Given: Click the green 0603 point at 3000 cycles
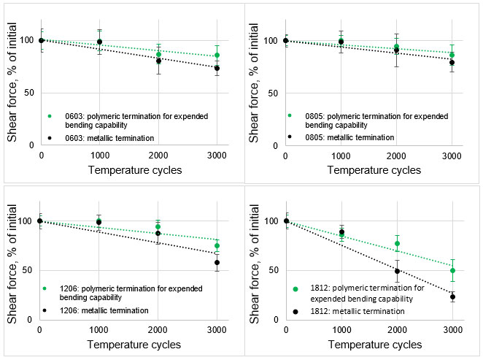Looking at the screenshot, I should [217, 55].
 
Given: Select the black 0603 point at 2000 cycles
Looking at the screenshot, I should [158, 60].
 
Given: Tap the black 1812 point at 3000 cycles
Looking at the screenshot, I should [452, 296].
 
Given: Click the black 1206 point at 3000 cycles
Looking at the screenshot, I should [217, 262].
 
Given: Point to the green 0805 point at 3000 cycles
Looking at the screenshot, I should [452, 55].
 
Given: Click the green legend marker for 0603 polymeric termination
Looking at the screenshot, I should [49, 115].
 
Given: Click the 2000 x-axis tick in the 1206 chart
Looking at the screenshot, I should [158, 330].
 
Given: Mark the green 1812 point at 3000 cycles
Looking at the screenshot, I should [452, 270].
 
